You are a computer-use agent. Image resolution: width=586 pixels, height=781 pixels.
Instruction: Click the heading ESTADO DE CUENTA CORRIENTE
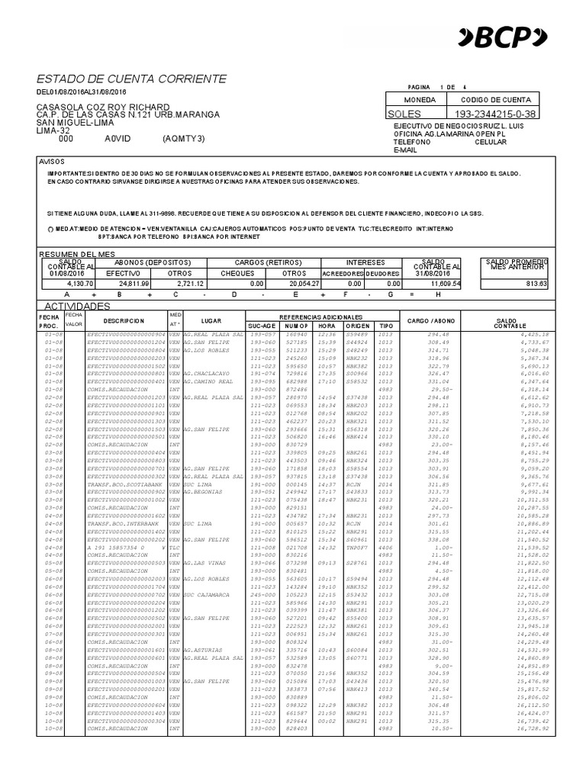click(131, 79)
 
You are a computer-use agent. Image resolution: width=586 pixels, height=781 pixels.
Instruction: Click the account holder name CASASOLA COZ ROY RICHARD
click(104, 107)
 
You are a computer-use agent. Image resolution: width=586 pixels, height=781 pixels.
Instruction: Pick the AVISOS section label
click(53, 162)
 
